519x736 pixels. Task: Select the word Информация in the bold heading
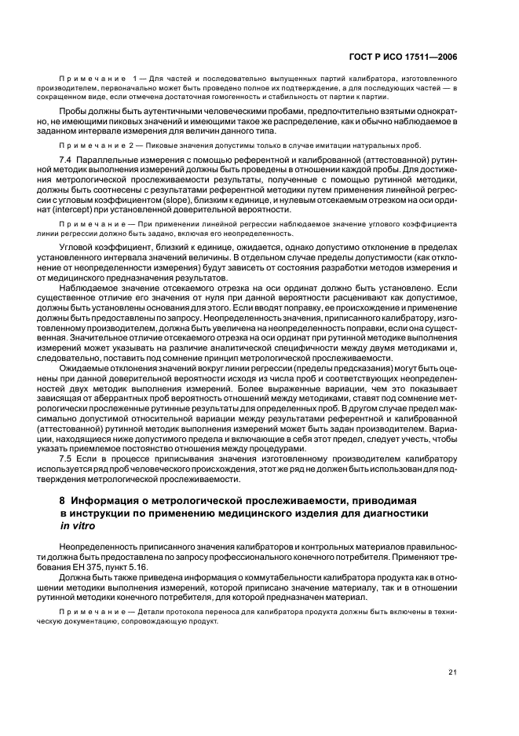click(103, 500)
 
